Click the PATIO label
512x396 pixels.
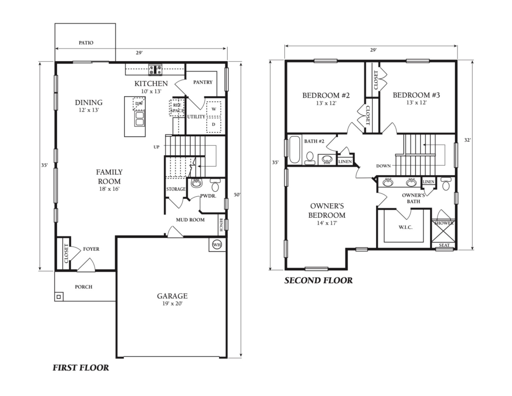coord(85,43)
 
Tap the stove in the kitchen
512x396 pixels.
coord(155,69)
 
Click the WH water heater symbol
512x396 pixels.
coord(216,245)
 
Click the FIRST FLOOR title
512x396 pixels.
coord(80,368)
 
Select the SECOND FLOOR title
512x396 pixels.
coord(318,281)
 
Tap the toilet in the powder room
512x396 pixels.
coord(215,186)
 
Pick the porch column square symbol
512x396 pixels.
coord(59,297)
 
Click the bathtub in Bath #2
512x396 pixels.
coord(294,149)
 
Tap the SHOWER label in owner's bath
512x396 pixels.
coord(444,223)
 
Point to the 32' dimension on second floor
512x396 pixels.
coord(467,141)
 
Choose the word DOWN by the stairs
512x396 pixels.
coord(384,166)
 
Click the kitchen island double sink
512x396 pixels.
coord(138,119)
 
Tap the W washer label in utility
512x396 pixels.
coord(213,109)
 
